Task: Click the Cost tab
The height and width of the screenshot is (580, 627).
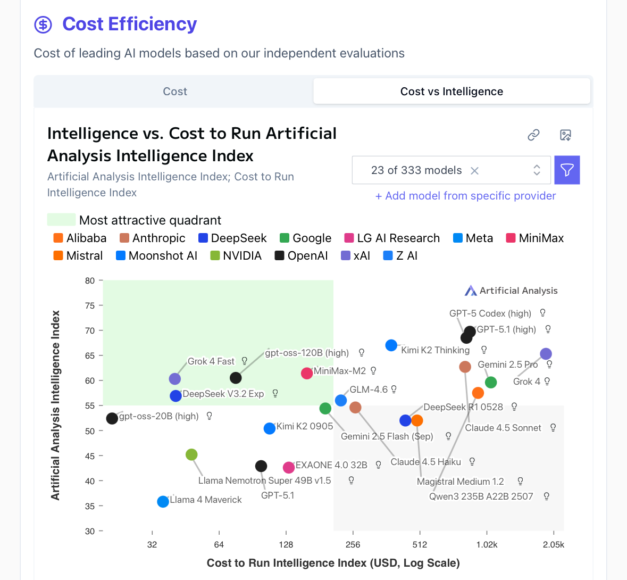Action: coord(175,92)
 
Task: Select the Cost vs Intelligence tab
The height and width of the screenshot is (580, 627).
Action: coord(452,92)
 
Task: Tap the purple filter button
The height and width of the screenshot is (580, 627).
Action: coord(567,170)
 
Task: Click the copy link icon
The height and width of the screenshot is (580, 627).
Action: coord(533,135)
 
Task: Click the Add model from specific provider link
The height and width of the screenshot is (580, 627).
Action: coord(465,196)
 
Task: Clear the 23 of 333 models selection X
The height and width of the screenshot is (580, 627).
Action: coord(474,171)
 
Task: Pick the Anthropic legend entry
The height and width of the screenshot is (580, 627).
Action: coord(153,238)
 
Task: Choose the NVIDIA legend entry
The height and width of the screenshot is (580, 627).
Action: coord(236,256)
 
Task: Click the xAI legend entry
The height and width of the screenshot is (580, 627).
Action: coord(356,256)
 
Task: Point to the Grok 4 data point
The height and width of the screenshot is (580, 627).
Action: coord(546,354)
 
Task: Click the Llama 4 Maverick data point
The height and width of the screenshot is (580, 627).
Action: coord(163,502)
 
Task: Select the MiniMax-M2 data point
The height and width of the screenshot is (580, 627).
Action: coord(307,374)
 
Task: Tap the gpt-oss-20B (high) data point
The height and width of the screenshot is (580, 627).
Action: coord(112,419)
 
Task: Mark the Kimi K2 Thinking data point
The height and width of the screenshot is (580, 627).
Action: coord(391,346)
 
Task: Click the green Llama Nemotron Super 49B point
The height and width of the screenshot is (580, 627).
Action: coord(191,455)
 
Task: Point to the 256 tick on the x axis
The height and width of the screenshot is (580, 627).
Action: coord(353,544)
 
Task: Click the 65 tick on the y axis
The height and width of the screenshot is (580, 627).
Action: coord(90,355)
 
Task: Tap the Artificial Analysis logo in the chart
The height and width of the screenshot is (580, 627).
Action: coord(511,291)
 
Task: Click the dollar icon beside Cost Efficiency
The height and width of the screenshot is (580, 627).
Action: coord(43,24)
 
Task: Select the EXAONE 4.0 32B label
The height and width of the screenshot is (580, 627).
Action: coord(331,465)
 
